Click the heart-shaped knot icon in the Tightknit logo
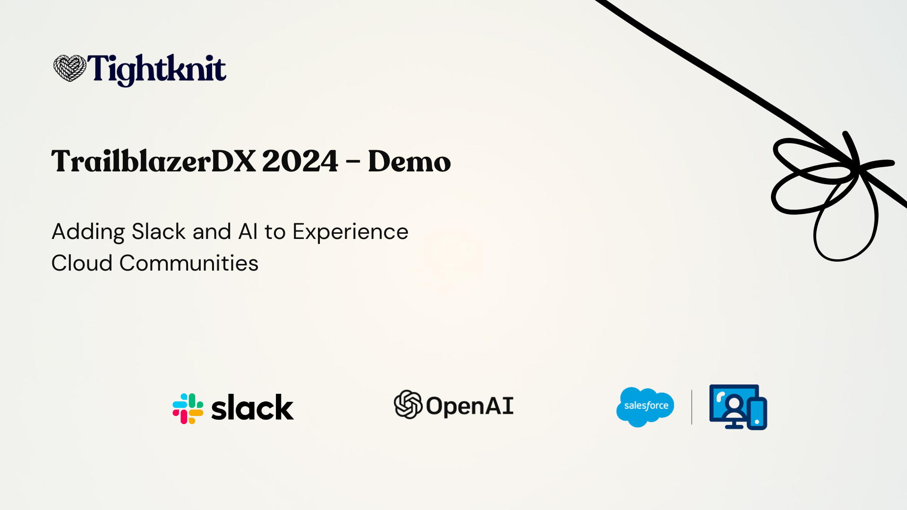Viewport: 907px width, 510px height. (x=69, y=68)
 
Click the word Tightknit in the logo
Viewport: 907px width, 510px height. (x=156, y=69)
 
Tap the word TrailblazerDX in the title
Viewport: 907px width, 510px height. (x=153, y=161)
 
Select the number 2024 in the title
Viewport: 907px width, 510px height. (x=300, y=161)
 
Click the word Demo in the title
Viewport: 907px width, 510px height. (x=409, y=161)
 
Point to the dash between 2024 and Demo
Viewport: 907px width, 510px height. (x=353, y=162)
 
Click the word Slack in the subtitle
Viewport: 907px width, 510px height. (x=159, y=232)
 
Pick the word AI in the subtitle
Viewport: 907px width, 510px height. (x=248, y=232)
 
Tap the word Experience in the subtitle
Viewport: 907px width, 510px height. (x=350, y=232)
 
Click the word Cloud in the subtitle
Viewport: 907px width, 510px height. (x=82, y=263)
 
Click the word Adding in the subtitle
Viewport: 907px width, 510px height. (x=88, y=232)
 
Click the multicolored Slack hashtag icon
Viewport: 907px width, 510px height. (x=188, y=408)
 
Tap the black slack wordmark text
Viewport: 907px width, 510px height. (x=252, y=408)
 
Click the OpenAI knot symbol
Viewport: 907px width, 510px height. (x=408, y=404)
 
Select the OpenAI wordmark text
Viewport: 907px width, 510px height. (x=470, y=406)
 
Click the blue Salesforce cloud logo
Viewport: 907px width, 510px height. (x=645, y=407)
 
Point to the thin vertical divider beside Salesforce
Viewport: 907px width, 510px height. (x=692, y=407)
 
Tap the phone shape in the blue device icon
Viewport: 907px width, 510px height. (x=757, y=414)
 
